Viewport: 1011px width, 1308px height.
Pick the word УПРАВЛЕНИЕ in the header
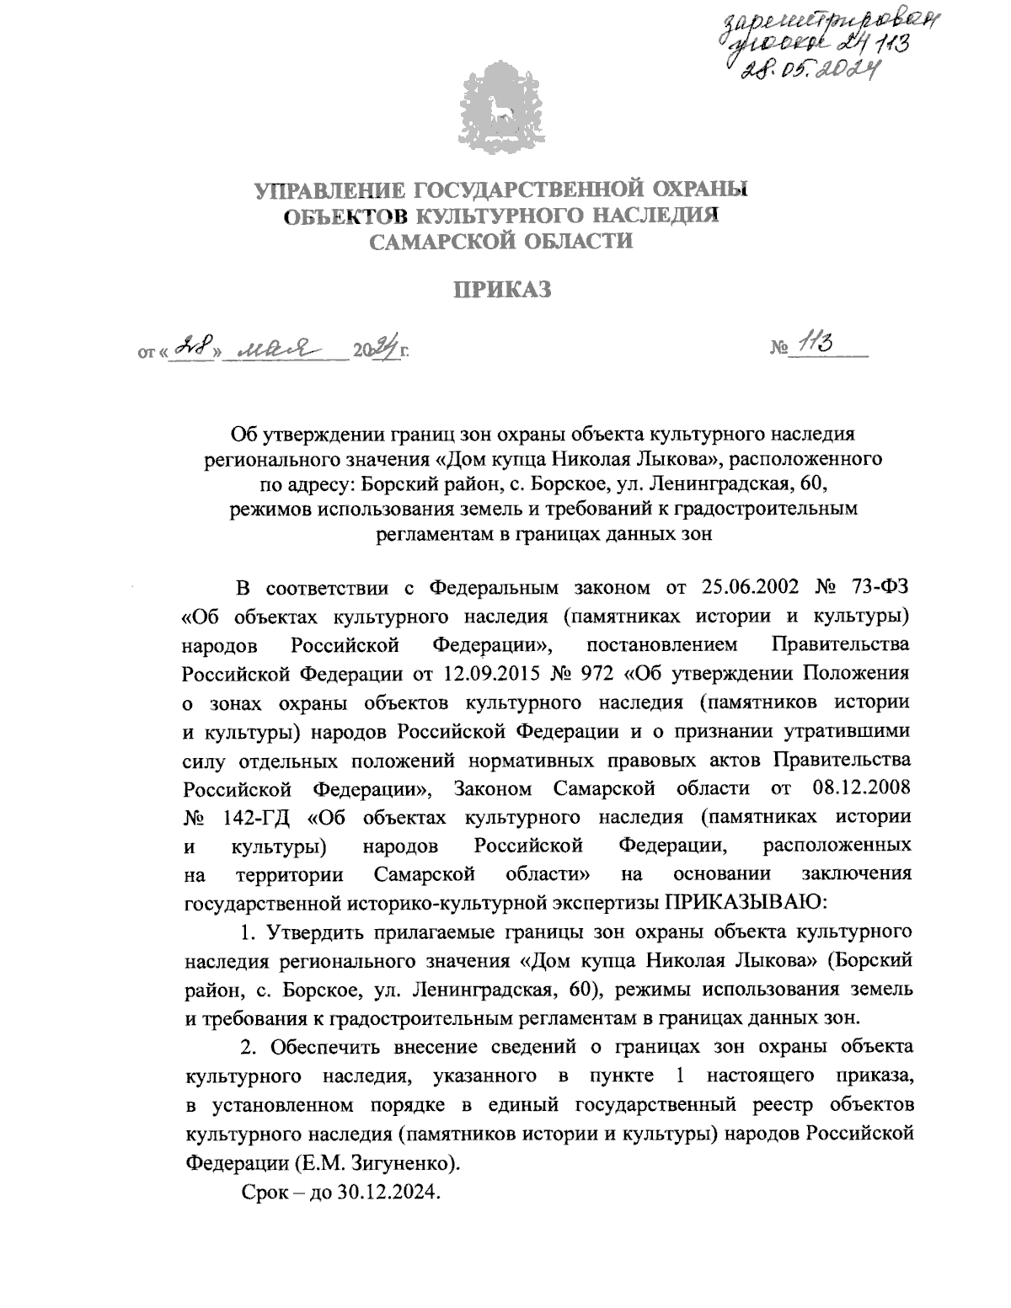point(325,190)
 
